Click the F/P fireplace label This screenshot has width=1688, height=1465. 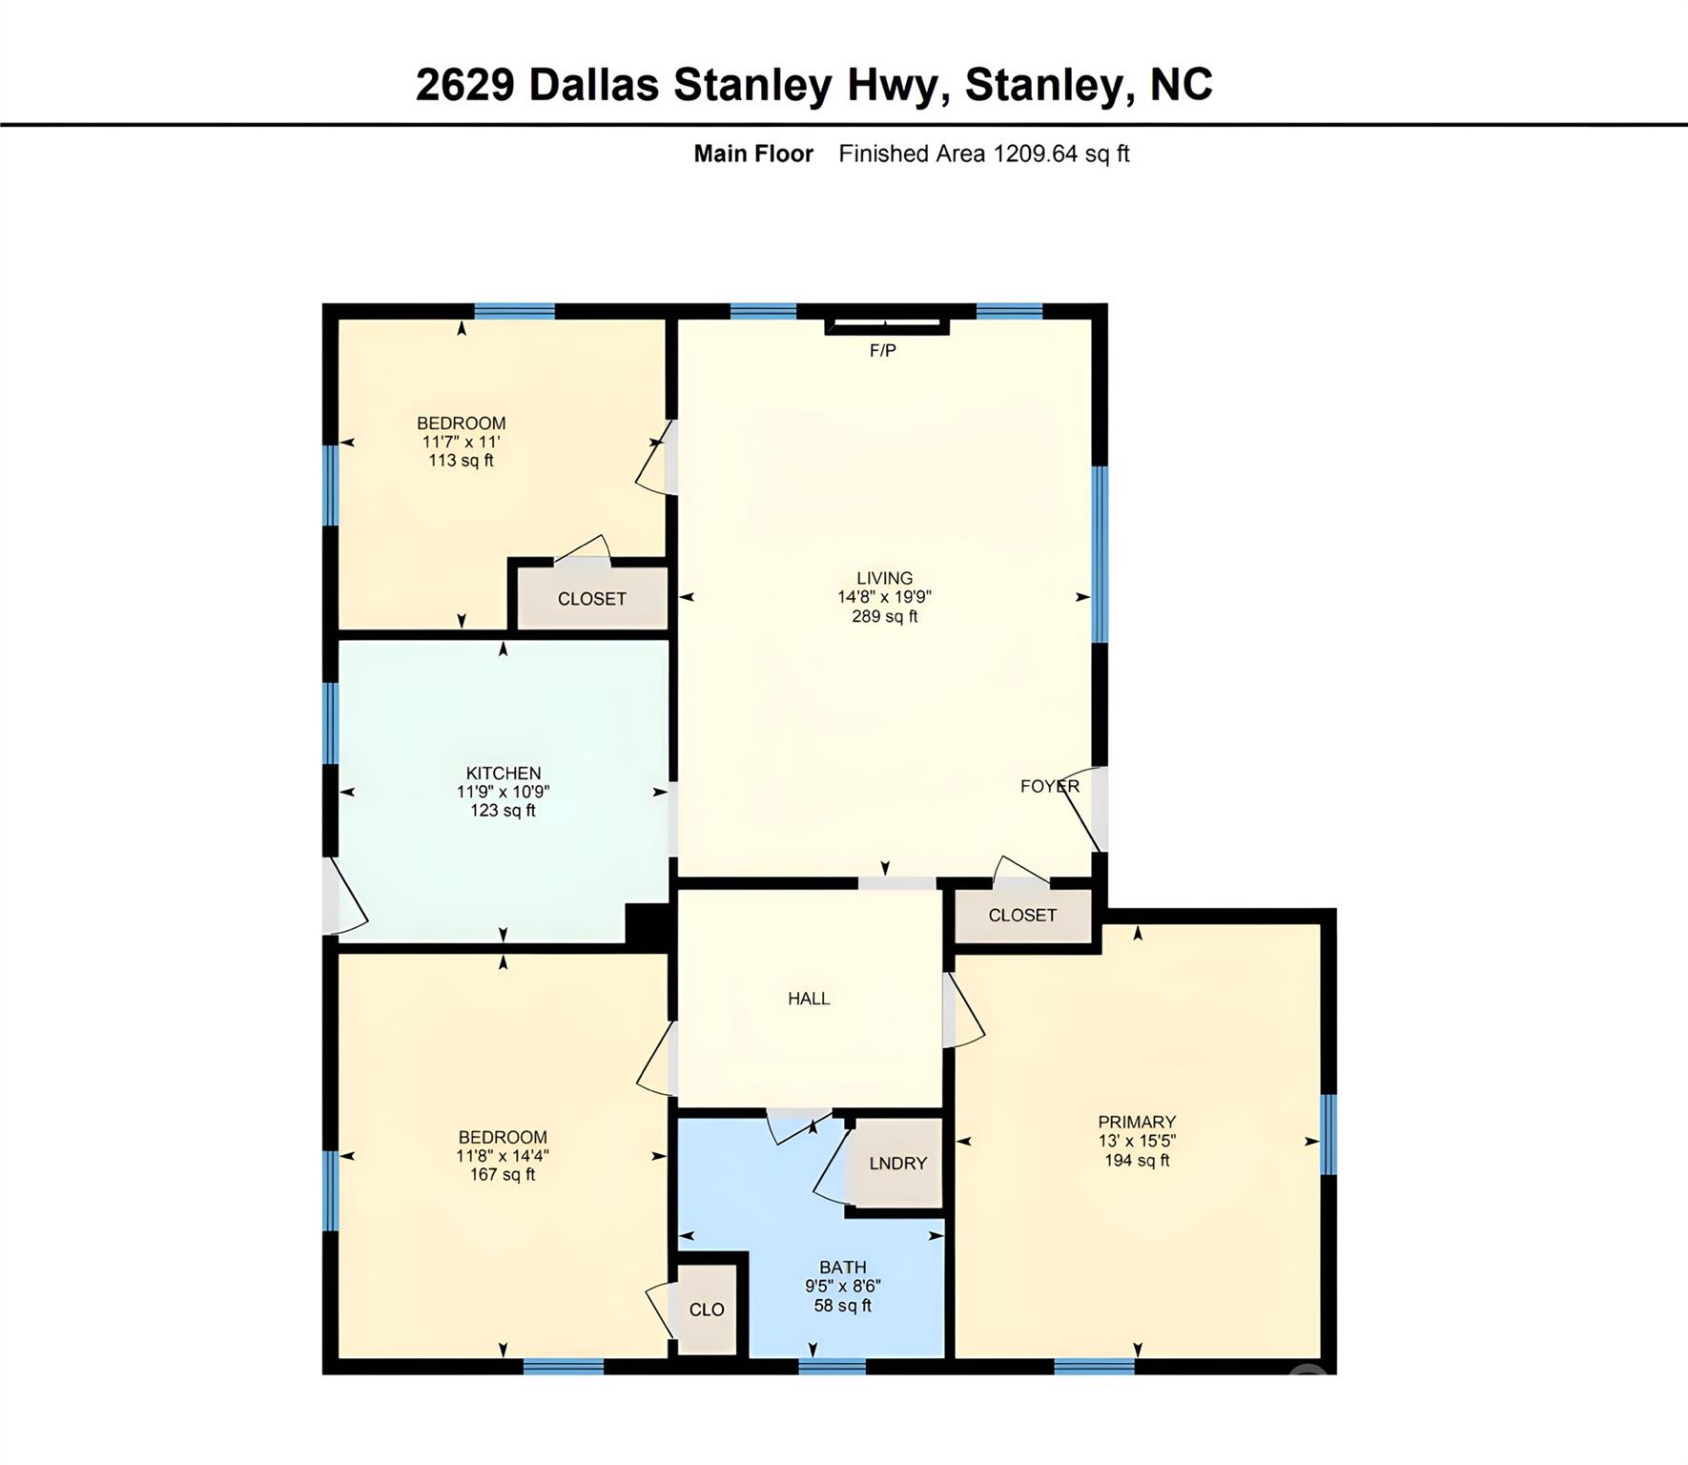(x=882, y=351)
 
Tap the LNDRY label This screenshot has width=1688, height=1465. (x=897, y=1164)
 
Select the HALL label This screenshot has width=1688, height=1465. (x=809, y=999)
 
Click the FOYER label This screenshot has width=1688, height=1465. (x=1050, y=786)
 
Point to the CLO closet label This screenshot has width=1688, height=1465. (x=707, y=1310)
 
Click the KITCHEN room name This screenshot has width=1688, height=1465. (x=504, y=774)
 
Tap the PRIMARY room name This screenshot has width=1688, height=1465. (x=1137, y=1122)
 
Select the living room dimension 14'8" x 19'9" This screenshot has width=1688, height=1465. (x=884, y=597)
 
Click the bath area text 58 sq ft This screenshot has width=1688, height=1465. (x=842, y=1305)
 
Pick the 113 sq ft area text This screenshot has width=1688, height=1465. (x=462, y=461)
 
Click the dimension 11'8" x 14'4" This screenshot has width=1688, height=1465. (x=503, y=1156)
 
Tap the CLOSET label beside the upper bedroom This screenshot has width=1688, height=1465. (x=591, y=599)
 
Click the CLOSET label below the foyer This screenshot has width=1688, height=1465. (x=1022, y=916)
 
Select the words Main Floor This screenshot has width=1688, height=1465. (x=753, y=154)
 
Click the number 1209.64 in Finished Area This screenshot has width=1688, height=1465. (x=1036, y=154)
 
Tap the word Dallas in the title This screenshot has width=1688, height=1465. (x=593, y=84)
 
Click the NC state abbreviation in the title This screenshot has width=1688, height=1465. (x=1182, y=84)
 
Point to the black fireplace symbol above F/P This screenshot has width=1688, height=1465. (x=887, y=325)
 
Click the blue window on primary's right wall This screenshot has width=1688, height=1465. (x=1328, y=1134)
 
